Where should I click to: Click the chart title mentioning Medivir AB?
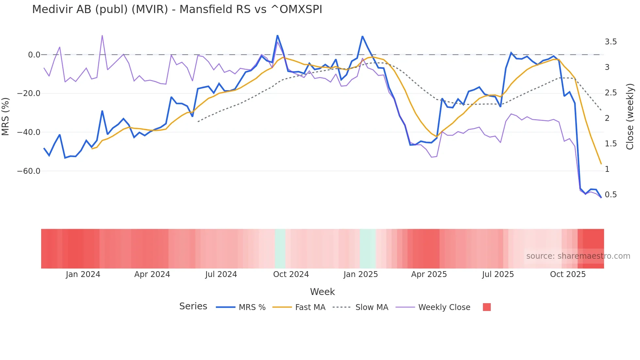click(177, 9)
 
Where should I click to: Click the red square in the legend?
click(487, 307)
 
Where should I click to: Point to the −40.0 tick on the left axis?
click(29, 132)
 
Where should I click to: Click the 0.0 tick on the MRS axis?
click(34, 55)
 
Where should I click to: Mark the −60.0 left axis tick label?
click(29, 171)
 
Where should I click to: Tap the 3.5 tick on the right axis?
click(611, 42)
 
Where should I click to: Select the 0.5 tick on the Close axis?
click(611, 195)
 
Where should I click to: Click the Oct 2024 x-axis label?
click(291, 274)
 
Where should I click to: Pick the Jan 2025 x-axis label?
click(360, 274)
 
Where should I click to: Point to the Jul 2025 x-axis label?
click(498, 274)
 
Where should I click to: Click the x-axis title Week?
click(322, 292)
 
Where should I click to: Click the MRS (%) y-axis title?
click(6, 117)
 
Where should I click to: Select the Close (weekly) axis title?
click(630, 117)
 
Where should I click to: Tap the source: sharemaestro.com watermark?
click(578, 256)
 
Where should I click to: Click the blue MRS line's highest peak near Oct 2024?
click(277, 36)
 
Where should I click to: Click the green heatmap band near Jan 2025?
click(368, 249)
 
